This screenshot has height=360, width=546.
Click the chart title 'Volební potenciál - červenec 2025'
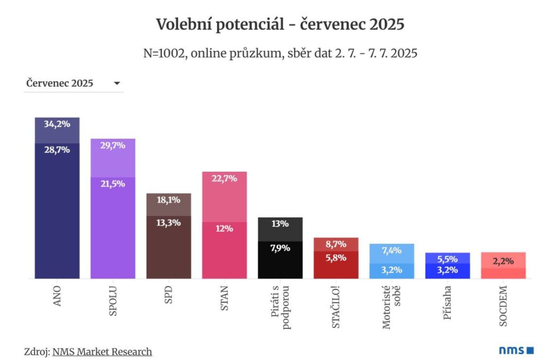point(280,25)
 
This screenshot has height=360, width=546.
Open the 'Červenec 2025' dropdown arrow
point(117,83)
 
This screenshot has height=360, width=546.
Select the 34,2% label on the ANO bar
point(57,124)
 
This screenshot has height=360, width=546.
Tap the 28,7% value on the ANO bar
point(57,150)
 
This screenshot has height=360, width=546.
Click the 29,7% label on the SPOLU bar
point(113,145)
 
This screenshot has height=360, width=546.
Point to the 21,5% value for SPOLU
point(113,183)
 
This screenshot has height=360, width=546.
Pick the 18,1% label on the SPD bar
point(168,199)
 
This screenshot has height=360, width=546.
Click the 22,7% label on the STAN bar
point(224,179)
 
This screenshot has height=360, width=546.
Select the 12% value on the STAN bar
point(224,228)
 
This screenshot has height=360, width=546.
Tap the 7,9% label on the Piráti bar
point(280,248)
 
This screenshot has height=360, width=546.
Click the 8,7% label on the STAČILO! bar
point(336,244)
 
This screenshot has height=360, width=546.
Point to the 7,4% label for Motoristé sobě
point(392,250)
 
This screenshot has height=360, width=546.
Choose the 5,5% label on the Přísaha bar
point(447,259)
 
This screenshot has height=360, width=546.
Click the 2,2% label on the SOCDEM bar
point(503,261)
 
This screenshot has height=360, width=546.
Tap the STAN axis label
point(224,297)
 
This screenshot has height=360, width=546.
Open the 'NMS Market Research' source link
point(102,351)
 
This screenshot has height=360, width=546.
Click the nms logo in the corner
point(516,350)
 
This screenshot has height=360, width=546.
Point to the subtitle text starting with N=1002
point(280,53)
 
